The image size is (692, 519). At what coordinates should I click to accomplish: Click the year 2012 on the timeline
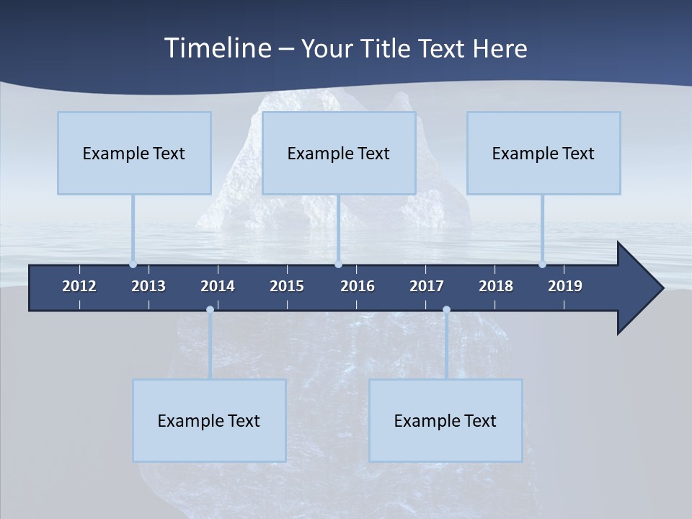pyautogui.click(x=79, y=286)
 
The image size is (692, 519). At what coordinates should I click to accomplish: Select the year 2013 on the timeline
pyautogui.click(x=148, y=286)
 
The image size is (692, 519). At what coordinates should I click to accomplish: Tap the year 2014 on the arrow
pyautogui.click(x=218, y=286)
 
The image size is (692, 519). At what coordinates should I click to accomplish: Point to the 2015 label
pyautogui.click(x=287, y=286)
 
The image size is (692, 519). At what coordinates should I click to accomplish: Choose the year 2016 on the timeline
pyautogui.click(x=358, y=286)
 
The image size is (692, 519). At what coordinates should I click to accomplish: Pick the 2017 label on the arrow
pyautogui.click(x=427, y=286)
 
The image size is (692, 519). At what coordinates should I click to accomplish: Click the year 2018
pyautogui.click(x=496, y=286)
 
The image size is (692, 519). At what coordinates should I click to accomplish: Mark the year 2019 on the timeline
pyautogui.click(x=565, y=286)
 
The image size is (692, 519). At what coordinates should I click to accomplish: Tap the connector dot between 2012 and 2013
pyautogui.click(x=133, y=264)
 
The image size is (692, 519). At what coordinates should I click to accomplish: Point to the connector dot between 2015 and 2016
pyautogui.click(x=338, y=264)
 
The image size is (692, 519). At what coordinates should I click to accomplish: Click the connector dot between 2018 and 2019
pyautogui.click(x=542, y=264)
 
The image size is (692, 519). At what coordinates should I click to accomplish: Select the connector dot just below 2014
pyautogui.click(x=210, y=309)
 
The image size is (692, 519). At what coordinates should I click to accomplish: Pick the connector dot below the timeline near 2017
pyautogui.click(x=446, y=309)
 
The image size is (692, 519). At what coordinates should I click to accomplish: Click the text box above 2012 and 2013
pyautogui.click(x=134, y=154)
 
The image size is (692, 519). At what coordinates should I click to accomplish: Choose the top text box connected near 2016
pyautogui.click(x=339, y=154)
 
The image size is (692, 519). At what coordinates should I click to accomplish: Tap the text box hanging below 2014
pyautogui.click(x=209, y=421)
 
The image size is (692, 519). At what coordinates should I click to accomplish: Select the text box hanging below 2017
pyautogui.click(x=445, y=421)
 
